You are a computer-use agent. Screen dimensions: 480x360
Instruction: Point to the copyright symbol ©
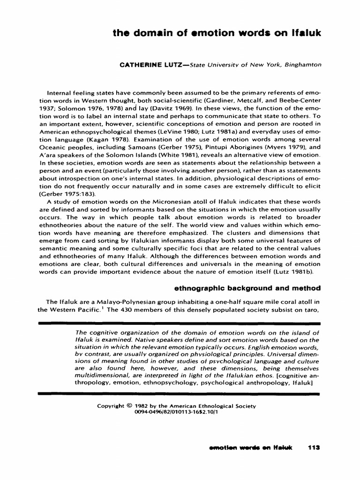click(x=129, y=406)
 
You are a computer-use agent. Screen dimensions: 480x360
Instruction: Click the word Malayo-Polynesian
click(x=112, y=301)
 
